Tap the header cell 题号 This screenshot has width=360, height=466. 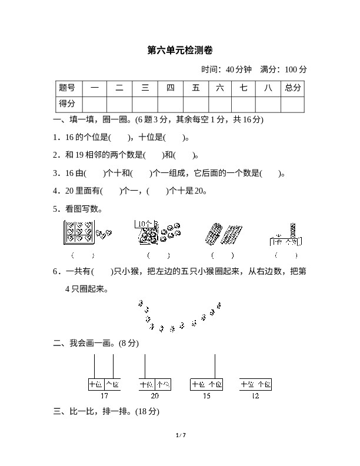(x=67, y=88)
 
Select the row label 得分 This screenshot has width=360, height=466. (x=67, y=104)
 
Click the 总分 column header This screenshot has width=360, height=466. (x=292, y=88)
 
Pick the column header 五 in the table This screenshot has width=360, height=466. (x=195, y=88)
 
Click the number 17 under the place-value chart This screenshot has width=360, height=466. (x=104, y=395)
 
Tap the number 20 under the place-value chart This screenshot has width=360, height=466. (x=155, y=395)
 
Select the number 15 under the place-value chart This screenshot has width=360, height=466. (x=206, y=395)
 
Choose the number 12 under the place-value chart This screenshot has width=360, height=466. (x=255, y=395)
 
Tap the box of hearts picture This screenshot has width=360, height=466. (x=79, y=234)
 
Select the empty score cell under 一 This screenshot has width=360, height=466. (x=94, y=104)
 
